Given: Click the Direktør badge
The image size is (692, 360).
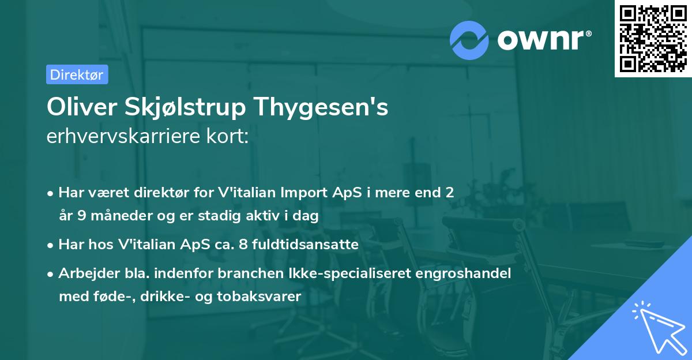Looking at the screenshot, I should pyautogui.click(x=77, y=74).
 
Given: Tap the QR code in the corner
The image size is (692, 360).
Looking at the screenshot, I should pyautogui.click(x=653, y=39).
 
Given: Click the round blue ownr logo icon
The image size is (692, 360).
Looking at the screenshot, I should pyautogui.click(x=469, y=40).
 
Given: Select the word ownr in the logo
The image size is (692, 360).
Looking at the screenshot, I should pyautogui.click(x=543, y=39).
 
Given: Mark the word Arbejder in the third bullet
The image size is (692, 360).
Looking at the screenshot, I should pyautogui.click(x=84, y=273).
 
